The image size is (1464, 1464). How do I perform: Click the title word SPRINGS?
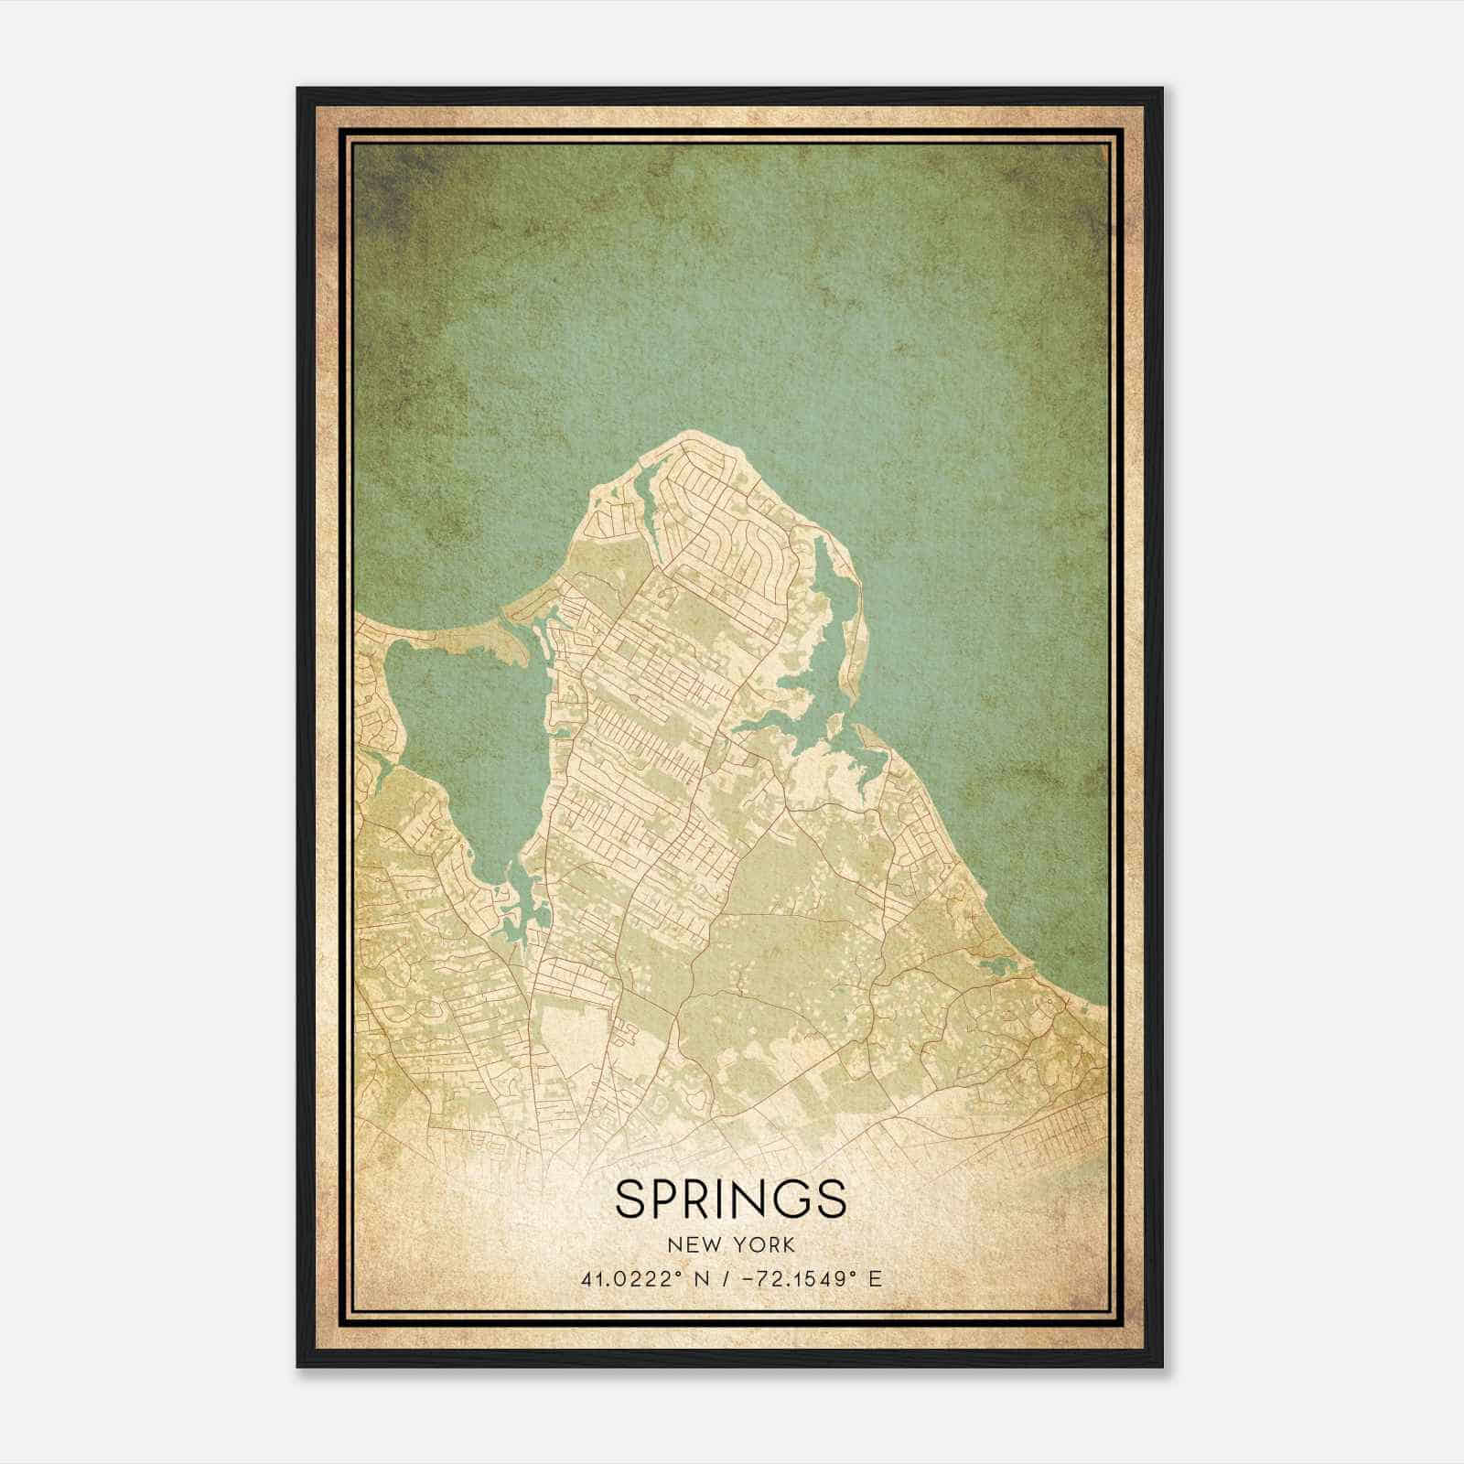click(x=730, y=1199)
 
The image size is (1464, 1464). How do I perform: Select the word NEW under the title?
click(x=694, y=1245)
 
